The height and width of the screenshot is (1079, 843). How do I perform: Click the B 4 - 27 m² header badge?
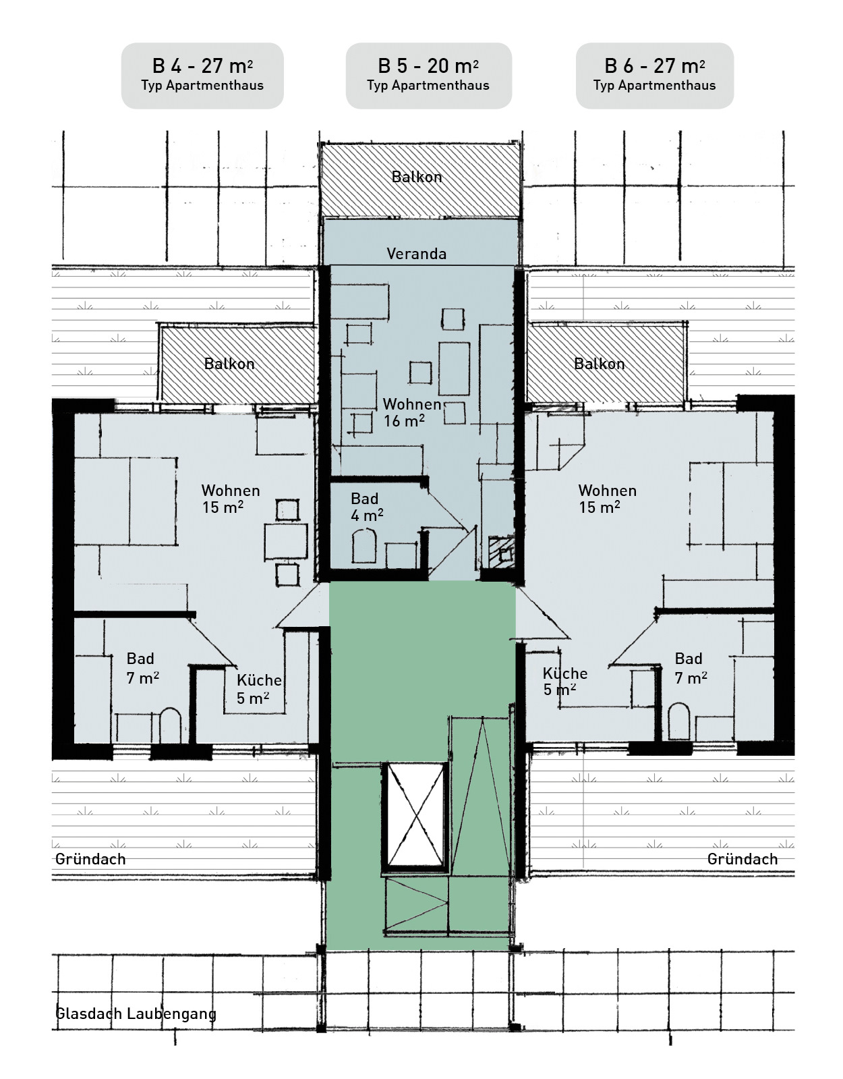click(x=202, y=76)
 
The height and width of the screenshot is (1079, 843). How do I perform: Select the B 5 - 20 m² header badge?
click(x=429, y=76)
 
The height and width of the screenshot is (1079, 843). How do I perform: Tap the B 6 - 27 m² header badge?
click(x=654, y=76)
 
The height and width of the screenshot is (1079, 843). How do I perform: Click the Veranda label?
click(x=416, y=254)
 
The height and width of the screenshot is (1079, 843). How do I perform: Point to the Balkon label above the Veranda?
click(x=416, y=177)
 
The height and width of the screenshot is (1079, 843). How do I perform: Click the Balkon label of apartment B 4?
click(x=229, y=364)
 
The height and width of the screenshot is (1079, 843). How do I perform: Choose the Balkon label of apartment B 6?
click(x=599, y=364)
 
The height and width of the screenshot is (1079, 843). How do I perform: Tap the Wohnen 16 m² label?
click(x=412, y=412)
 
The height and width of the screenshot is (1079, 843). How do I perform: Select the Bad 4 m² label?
click(x=367, y=507)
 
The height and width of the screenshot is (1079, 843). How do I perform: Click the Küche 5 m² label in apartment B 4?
click(x=258, y=689)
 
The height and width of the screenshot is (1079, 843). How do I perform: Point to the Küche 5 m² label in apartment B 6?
click(x=564, y=682)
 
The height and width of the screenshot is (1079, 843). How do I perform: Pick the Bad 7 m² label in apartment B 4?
click(x=142, y=668)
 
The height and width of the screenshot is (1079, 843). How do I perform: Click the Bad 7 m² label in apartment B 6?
click(x=691, y=668)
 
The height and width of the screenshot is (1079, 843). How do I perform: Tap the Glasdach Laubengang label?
click(x=136, y=1014)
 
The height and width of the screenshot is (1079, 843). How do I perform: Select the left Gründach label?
click(x=90, y=858)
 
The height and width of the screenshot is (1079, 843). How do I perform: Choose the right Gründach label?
click(x=743, y=858)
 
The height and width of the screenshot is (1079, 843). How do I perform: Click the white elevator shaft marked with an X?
click(x=415, y=816)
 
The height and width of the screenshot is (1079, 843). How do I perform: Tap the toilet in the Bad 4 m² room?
click(x=364, y=545)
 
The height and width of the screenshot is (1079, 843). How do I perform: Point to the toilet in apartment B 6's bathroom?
click(x=678, y=721)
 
